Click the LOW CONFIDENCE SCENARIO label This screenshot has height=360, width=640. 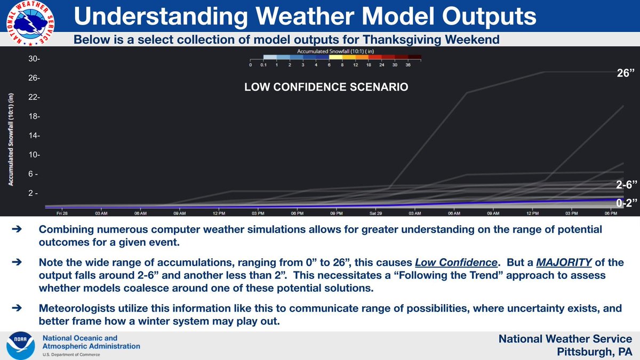[x=326, y=86]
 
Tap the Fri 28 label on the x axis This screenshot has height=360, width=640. [x=62, y=214]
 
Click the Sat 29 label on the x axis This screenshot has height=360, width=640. [x=376, y=214]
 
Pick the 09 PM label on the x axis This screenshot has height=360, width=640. [x=337, y=214]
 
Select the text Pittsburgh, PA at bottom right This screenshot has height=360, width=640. [x=594, y=352]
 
